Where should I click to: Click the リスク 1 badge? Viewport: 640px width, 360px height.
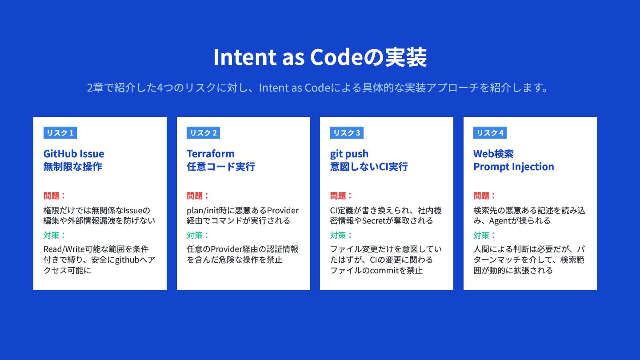(60, 132)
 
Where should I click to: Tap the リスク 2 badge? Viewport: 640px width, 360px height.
(204, 132)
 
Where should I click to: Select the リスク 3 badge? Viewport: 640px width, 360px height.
(347, 132)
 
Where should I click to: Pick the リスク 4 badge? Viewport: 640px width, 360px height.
(490, 132)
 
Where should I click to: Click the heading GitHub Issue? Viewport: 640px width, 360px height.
(74, 154)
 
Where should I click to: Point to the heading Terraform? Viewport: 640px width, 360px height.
(211, 154)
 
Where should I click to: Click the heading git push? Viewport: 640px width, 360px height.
(349, 154)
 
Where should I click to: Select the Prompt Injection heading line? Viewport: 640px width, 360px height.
(513, 167)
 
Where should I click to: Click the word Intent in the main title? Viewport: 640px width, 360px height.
(245, 57)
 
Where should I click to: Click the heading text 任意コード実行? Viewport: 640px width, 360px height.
(221, 167)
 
